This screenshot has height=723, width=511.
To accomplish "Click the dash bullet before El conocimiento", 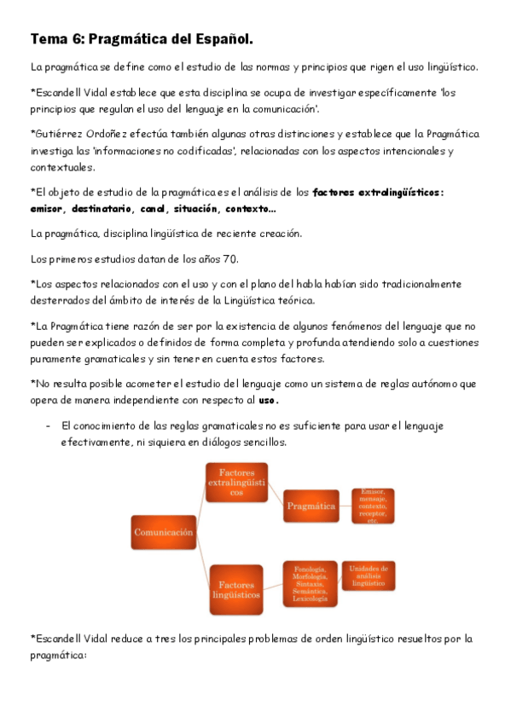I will (x=48, y=425).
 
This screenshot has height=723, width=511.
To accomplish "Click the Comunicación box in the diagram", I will (x=164, y=533).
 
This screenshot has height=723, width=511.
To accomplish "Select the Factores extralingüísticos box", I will (x=236, y=483).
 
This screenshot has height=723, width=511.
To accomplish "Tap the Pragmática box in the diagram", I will (x=311, y=506).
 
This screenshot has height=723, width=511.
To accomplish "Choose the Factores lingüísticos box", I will (x=236, y=590).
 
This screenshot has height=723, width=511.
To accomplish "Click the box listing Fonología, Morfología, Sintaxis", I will (x=311, y=584).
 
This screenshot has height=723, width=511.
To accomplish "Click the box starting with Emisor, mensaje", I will (x=372, y=506).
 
